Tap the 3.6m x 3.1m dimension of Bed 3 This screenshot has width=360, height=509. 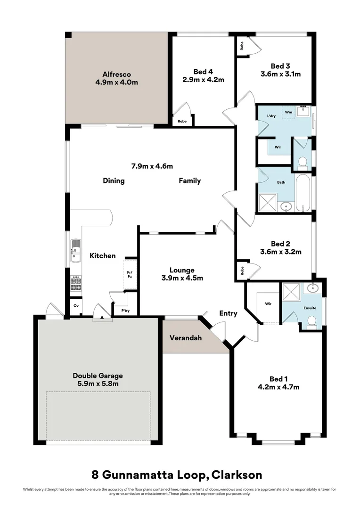[x=280, y=74]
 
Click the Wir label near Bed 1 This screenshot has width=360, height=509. [x=268, y=304]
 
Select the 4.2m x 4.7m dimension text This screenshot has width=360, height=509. [x=278, y=387]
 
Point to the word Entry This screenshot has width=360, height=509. [x=228, y=313]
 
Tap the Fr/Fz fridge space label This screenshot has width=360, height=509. [x=130, y=274]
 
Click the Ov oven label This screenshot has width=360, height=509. [x=76, y=305]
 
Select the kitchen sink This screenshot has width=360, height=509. [x=75, y=250]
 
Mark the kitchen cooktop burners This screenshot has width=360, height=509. [x=75, y=283]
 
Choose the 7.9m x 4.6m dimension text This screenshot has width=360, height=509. [x=152, y=166]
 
